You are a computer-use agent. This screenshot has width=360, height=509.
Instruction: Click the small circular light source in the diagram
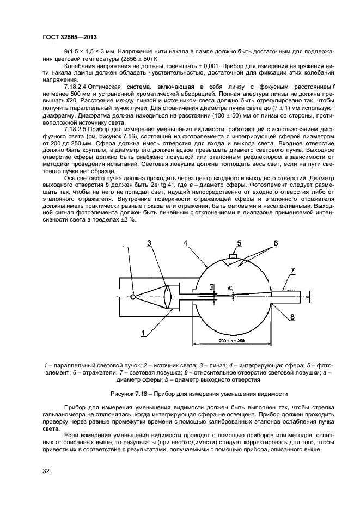(x=133, y=297)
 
